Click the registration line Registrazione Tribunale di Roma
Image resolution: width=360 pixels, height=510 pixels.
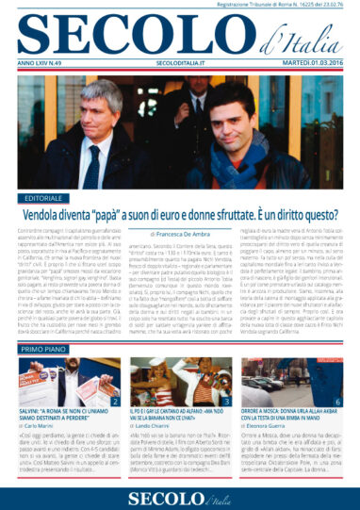click(284, 8)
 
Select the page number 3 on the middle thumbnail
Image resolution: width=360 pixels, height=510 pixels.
click(229, 403)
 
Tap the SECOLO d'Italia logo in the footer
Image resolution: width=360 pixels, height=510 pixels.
click(180, 494)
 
